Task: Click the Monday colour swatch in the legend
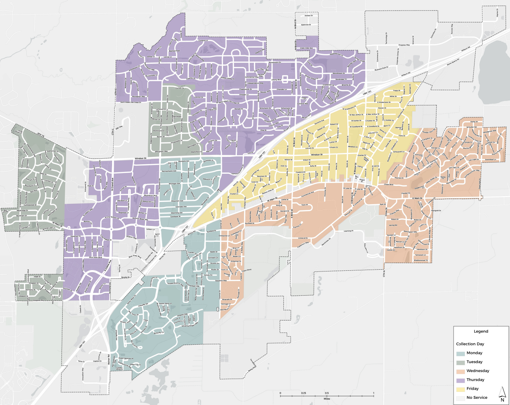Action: click(461, 353)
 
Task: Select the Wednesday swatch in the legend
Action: click(461, 371)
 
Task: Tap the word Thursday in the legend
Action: click(475, 380)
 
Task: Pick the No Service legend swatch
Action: click(461, 398)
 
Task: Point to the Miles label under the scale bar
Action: click(327, 399)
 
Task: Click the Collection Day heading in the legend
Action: click(470, 344)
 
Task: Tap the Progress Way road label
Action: click(404, 45)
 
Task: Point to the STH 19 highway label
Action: click(41, 135)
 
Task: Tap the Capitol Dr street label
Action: click(97, 361)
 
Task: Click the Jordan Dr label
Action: click(309, 16)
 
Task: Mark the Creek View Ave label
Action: click(306, 48)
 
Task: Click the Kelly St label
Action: click(313, 166)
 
